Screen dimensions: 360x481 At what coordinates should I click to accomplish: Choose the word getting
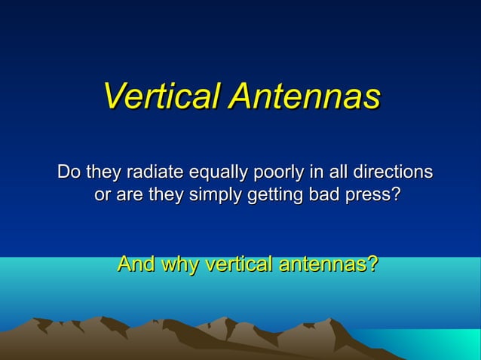[x=272, y=196]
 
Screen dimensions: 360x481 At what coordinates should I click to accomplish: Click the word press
[x=367, y=196]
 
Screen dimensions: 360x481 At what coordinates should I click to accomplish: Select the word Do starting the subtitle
[x=69, y=172]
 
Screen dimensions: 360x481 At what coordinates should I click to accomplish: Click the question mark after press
[x=395, y=194]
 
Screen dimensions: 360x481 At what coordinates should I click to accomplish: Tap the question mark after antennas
[x=372, y=264]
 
